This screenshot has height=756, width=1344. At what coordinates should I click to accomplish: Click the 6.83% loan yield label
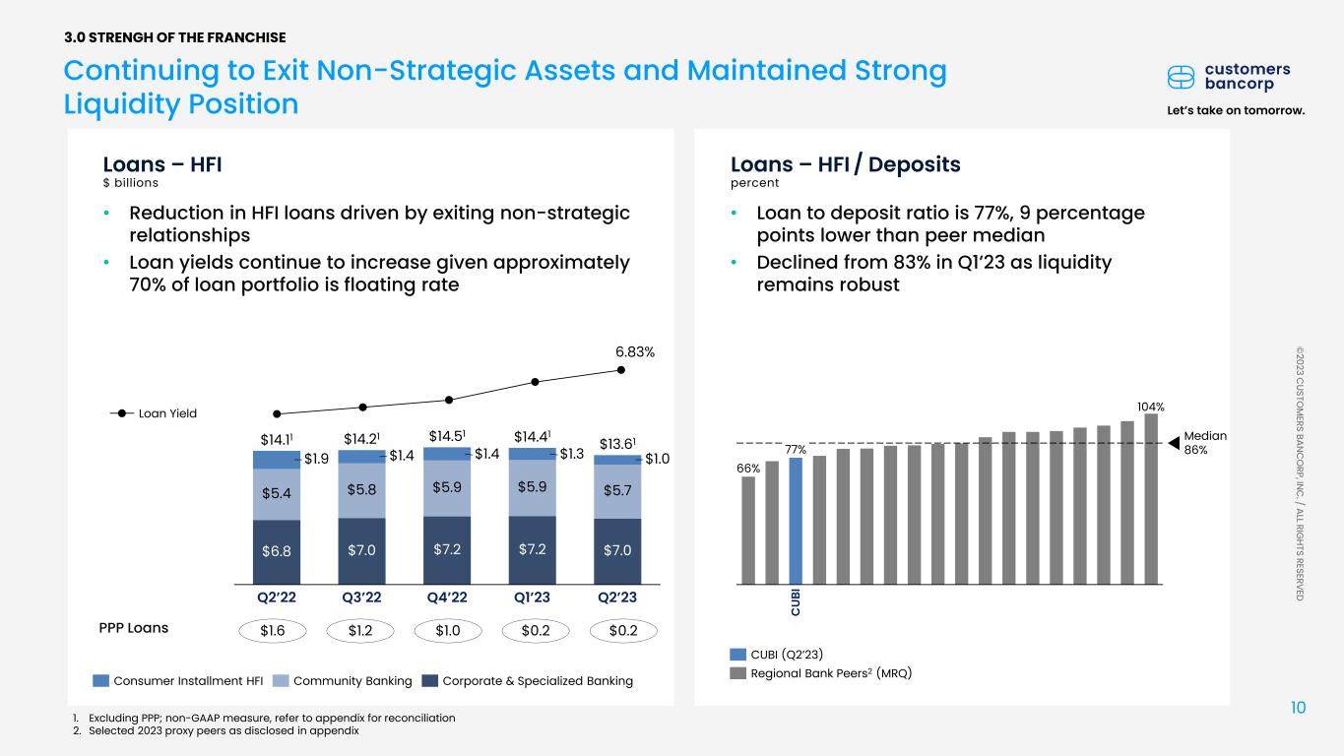tap(635, 352)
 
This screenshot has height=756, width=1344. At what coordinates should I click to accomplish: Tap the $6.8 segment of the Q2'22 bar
tap(277, 551)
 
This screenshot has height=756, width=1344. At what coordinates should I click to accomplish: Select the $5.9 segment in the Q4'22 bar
tap(447, 488)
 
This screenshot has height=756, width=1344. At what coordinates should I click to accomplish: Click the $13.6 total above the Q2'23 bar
tap(617, 444)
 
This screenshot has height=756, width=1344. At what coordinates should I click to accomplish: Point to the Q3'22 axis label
tap(361, 598)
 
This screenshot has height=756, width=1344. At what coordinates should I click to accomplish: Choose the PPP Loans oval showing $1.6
tap(273, 631)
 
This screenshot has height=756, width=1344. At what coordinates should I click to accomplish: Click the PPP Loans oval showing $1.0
tap(448, 631)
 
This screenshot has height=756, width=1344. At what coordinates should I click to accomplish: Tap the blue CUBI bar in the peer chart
tap(796, 521)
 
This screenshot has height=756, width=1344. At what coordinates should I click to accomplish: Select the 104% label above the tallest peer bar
tap(1151, 407)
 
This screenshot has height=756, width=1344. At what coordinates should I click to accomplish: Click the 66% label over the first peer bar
tap(748, 469)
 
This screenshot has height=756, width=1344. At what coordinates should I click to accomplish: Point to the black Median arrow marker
tap(1175, 443)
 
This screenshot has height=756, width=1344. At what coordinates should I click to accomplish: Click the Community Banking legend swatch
tap(281, 681)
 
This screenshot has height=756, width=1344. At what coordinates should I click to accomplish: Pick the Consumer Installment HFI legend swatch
tap(100, 681)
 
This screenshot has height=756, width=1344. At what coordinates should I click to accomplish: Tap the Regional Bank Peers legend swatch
tap(738, 673)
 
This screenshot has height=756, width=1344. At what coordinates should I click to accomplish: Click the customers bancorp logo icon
tap(1181, 78)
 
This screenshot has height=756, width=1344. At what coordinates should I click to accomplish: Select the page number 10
tap(1298, 708)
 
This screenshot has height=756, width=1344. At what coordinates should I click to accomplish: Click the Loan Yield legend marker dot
tap(122, 413)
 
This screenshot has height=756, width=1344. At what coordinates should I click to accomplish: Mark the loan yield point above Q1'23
tap(536, 382)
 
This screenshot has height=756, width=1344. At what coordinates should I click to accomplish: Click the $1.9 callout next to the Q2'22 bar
tap(316, 459)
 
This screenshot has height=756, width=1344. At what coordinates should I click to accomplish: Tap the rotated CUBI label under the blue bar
tap(796, 602)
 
